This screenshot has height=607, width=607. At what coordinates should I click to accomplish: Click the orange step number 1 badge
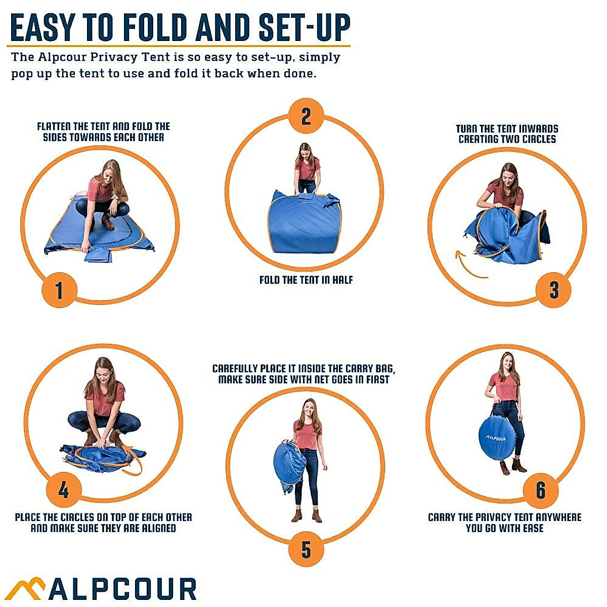point(59,290)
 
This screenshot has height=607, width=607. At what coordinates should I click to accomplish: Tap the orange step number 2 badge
point(306,116)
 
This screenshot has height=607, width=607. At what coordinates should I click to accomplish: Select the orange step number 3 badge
point(554,290)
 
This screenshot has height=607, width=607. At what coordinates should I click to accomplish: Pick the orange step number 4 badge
point(63,490)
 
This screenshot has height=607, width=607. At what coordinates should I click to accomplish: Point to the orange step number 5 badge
point(306,549)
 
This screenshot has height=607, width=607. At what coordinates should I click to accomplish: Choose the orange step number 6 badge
point(541,490)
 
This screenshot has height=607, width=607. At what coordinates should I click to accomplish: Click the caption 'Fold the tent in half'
point(306,280)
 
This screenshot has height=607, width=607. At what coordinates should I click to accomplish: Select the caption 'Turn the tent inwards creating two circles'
point(507,134)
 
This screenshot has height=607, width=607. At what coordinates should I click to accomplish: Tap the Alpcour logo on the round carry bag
point(496,438)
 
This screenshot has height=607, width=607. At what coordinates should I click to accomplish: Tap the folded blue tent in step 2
point(306,223)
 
